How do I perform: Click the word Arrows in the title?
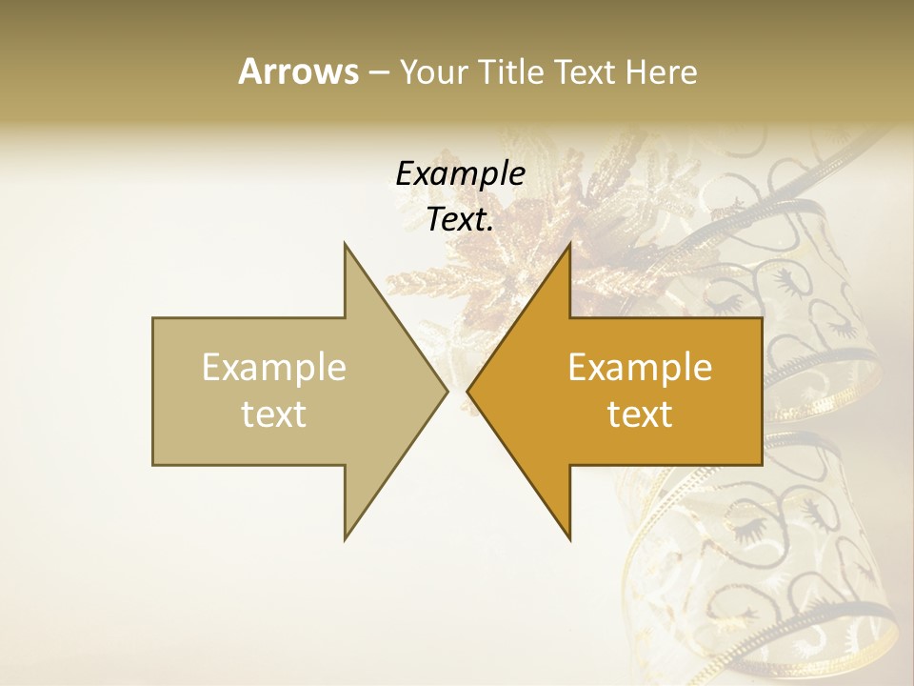(x=297, y=71)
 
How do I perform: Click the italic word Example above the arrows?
(x=461, y=174)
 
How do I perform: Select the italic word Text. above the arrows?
(x=461, y=220)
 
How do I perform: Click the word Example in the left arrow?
(x=274, y=368)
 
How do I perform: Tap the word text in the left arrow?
(x=274, y=414)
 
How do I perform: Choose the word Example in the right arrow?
(x=640, y=368)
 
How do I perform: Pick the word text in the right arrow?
(x=640, y=414)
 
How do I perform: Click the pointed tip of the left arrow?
(x=447, y=391)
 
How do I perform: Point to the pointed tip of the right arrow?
(x=467, y=391)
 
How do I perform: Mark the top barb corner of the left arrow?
(x=345, y=243)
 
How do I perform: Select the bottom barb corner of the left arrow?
(x=345, y=539)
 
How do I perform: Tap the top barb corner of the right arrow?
(x=569, y=243)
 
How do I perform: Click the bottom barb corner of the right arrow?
(x=569, y=539)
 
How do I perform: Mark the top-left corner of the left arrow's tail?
(x=153, y=318)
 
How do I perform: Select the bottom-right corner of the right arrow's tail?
(x=762, y=464)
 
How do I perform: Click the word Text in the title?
(x=586, y=71)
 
